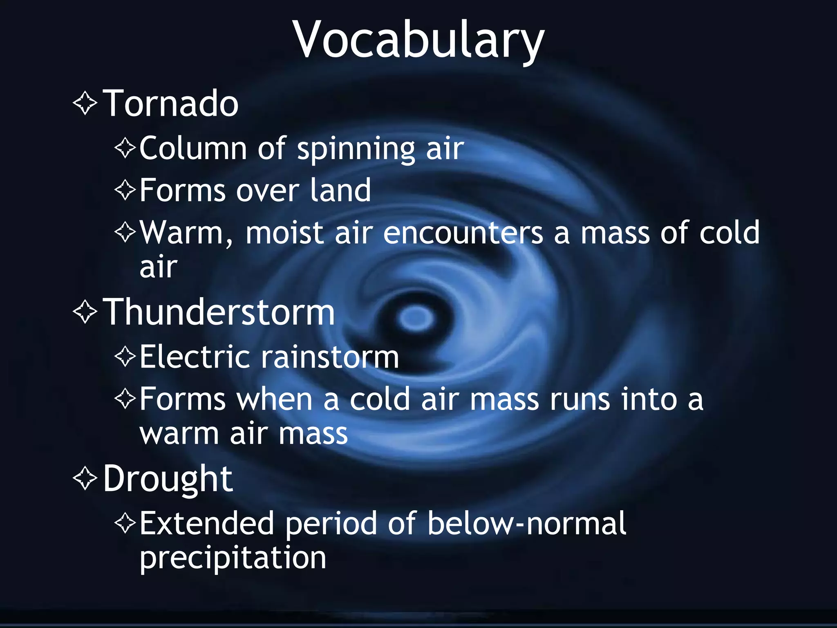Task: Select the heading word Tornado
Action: pos(170,103)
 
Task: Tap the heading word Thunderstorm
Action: pos(219,312)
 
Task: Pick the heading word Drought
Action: pos(168,478)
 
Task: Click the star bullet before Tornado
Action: pos(85,103)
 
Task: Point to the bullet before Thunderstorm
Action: pos(85,312)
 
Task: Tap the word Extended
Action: pos(206,523)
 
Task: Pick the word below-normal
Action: pos(527,523)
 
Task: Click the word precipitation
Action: pos(233,558)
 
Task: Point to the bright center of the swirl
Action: pos(416,318)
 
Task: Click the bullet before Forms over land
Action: pos(125,190)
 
